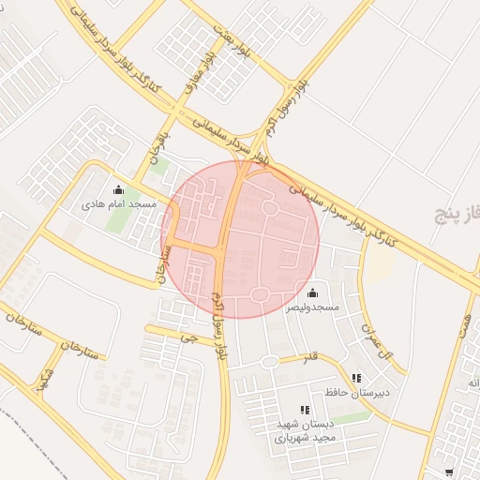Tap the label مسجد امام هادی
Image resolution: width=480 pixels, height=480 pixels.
(x=118, y=203)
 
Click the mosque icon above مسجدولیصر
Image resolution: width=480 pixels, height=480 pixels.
(x=312, y=293)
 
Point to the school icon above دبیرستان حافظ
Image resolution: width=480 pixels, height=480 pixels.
(x=355, y=378)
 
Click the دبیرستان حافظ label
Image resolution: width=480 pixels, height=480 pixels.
(x=350, y=392)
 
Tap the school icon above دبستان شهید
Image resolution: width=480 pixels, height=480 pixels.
(x=304, y=410)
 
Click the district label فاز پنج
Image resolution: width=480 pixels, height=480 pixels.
(x=457, y=215)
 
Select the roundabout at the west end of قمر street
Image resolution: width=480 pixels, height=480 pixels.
(x=270, y=362)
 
